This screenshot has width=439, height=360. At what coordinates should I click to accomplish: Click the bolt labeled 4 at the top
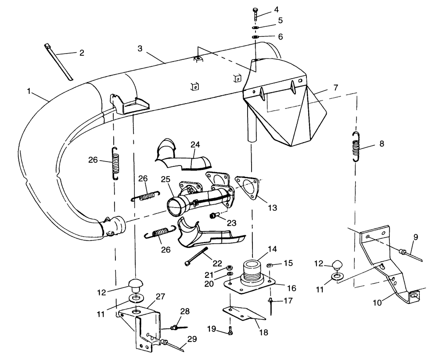(x=255, y=14)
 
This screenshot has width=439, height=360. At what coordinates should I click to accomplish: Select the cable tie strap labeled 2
(x=58, y=62)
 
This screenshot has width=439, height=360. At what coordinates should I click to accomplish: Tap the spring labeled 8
(x=356, y=147)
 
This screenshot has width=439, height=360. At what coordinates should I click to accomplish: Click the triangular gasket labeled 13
(x=247, y=188)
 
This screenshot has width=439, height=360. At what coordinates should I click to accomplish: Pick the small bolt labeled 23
(x=213, y=216)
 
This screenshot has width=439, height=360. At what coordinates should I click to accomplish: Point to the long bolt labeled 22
(x=196, y=256)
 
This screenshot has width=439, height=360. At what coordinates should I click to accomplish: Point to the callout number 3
(x=140, y=48)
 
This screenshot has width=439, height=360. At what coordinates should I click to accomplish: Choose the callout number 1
(x=29, y=91)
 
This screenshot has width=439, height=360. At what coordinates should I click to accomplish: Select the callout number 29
(x=192, y=339)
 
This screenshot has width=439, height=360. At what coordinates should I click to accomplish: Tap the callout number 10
(x=377, y=302)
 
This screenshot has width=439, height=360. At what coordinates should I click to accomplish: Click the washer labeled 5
(x=255, y=27)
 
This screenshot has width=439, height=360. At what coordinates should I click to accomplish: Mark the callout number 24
(x=195, y=145)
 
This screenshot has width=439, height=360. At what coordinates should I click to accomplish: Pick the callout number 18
(x=264, y=332)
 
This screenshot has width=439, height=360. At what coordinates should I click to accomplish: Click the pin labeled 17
(x=271, y=306)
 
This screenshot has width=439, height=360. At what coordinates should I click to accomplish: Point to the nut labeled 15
(x=270, y=265)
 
